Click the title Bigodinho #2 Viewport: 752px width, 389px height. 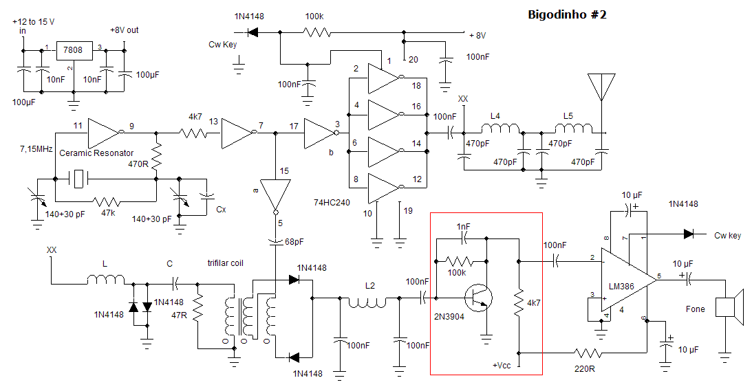tap(567, 14)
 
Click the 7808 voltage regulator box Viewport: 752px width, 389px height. tap(74, 49)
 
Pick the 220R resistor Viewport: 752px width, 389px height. tap(588, 353)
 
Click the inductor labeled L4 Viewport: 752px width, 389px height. tap(499, 129)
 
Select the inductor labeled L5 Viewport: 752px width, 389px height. tap(574, 129)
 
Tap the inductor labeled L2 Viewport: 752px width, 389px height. tap(367, 302)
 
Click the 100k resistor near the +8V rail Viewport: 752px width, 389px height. tap(316, 32)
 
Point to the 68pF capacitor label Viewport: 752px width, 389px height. tap(294, 242)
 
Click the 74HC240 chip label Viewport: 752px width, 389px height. tap(332, 203)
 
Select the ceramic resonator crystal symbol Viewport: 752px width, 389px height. tap(80, 179)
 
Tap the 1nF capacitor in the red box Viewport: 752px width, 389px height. tap(464, 238)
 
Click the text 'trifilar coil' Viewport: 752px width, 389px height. tap(226, 263)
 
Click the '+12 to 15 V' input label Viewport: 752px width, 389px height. tap(33, 22)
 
